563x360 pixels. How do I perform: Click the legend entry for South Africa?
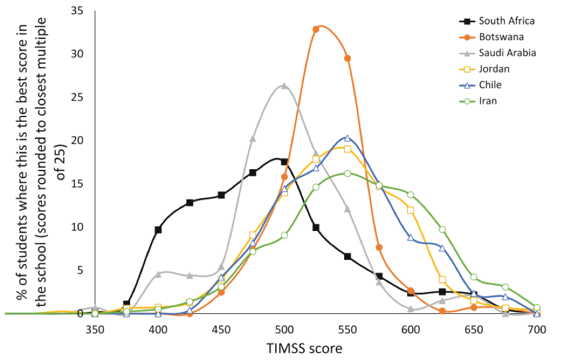tap(507, 21)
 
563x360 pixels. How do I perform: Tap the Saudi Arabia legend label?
tap(507, 53)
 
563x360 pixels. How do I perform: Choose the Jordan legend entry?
tap(493, 69)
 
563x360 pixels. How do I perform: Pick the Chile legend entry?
tap(490, 85)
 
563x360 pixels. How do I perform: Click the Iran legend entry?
tap(487, 101)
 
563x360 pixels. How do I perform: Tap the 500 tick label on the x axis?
tap(284, 329)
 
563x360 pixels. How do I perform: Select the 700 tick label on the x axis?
tap(537, 329)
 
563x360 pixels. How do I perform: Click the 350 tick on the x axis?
tap(95, 329)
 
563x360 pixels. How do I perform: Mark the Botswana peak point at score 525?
tap(316, 29)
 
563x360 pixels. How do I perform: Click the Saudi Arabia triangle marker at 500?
tap(284, 86)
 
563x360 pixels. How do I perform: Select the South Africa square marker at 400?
tap(158, 230)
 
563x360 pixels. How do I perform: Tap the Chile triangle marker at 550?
tap(348, 138)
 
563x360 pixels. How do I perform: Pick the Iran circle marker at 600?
tap(411, 194)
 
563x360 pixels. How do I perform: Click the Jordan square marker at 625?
tap(442, 280)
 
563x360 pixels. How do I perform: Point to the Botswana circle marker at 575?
tap(379, 247)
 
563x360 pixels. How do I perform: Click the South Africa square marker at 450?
tap(221, 195)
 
